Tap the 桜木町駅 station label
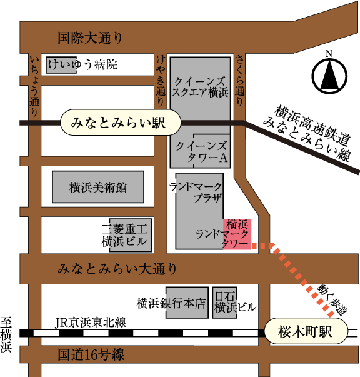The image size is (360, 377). pyautogui.click(x=306, y=331)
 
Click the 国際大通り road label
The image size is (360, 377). pyautogui.click(x=90, y=38)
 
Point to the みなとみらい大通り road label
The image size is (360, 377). pyautogui.click(x=117, y=269)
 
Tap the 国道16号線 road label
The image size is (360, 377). pyautogui.click(x=91, y=354)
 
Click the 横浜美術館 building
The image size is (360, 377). pyautogui.click(x=98, y=187)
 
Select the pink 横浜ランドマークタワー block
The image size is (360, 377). pyautogui.click(x=237, y=234)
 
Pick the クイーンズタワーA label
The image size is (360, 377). pyautogui.click(x=201, y=152)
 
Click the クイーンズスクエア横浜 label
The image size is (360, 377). pyautogui.click(x=200, y=87)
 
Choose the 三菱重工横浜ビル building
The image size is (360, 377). pyautogui.click(x=131, y=235)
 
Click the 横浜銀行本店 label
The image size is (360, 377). pyautogui.click(x=171, y=303)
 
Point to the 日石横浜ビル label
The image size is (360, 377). pyautogui.click(x=236, y=302)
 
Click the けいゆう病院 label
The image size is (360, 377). pyautogui.click(x=82, y=64)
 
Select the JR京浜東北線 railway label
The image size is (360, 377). pyautogui.click(x=91, y=323)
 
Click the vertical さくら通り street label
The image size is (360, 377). pyautogui.click(x=240, y=80)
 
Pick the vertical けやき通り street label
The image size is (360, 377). pyautogui.click(x=161, y=80)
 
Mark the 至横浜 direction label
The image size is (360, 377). pyautogui.click(x=6, y=334)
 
